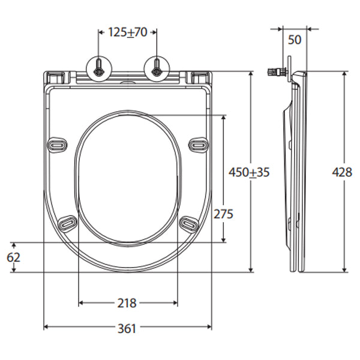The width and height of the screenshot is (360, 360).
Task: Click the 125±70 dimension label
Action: click(x=127, y=32)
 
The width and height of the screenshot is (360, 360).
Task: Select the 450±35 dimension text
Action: click(x=250, y=173)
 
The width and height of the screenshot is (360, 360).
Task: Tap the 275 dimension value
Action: click(x=223, y=214)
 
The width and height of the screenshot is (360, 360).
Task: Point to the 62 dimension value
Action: click(x=13, y=257)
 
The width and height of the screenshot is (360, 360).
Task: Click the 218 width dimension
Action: click(x=127, y=304)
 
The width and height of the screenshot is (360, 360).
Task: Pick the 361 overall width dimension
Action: click(x=127, y=328)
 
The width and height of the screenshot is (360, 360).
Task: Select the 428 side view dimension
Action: click(x=343, y=173)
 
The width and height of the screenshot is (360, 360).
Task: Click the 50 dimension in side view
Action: click(x=294, y=40)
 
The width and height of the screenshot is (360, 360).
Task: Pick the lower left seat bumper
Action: click(x=68, y=223)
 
